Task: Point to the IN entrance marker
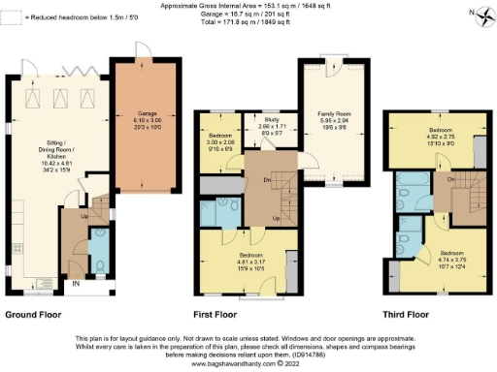(x=75, y=283)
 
